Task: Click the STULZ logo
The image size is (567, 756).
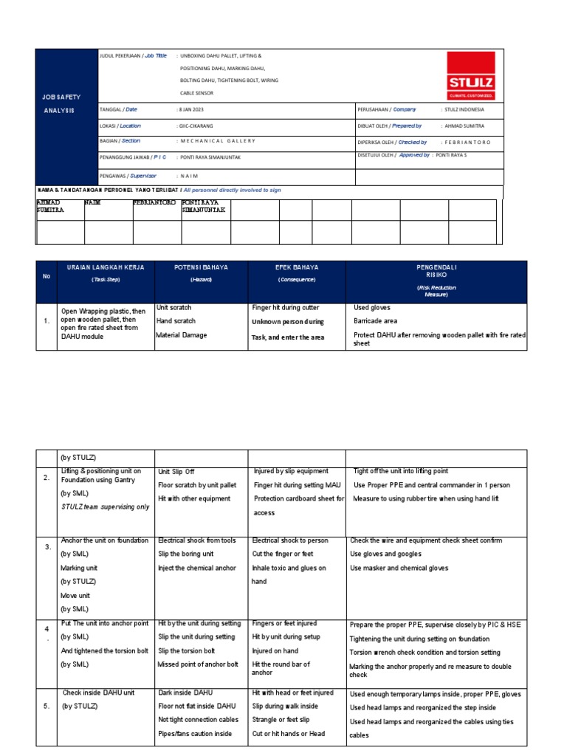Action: pyautogui.click(x=471, y=75)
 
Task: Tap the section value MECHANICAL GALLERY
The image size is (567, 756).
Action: pyautogui.click(x=218, y=140)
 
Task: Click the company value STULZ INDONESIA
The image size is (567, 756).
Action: pyautogui.click(x=465, y=109)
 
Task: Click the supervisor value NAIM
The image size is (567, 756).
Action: pyautogui.click(x=189, y=176)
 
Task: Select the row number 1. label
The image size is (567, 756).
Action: pyautogui.click(x=46, y=321)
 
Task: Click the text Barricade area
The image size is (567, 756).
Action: pyautogui.click(x=377, y=321)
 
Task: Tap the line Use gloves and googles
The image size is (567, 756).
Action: pyautogui.click(x=385, y=554)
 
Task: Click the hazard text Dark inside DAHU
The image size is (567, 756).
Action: pyautogui.click(x=185, y=693)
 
